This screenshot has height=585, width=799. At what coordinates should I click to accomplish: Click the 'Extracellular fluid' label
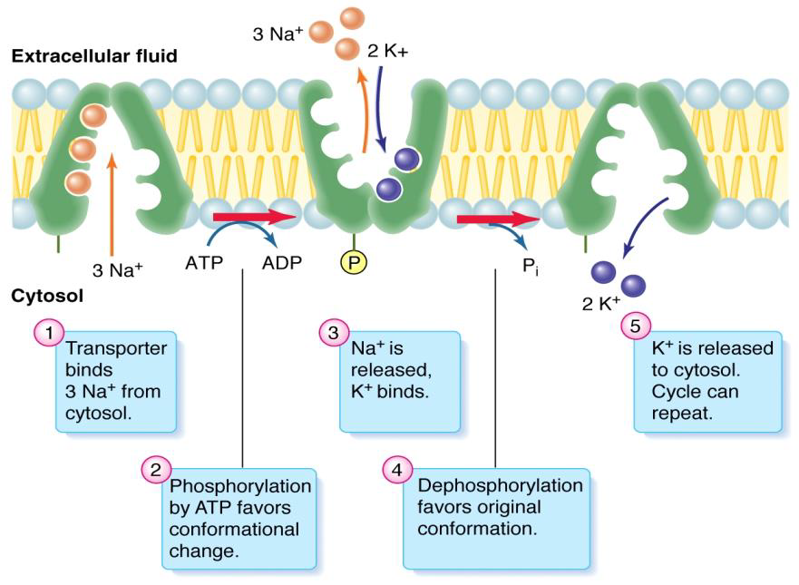click(93, 56)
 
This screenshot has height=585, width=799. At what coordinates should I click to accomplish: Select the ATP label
click(203, 264)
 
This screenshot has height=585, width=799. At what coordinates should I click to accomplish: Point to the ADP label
click(281, 264)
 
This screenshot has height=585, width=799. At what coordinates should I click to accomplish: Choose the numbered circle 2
click(155, 469)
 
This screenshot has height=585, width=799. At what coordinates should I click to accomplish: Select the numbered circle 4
click(395, 469)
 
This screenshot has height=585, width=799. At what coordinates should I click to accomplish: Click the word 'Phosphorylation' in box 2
click(240, 486)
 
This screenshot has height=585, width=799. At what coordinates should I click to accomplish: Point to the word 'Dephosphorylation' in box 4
click(500, 486)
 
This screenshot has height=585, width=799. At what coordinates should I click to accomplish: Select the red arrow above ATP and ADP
click(254, 218)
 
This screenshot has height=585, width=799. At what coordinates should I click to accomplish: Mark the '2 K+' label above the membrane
click(388, 52)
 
